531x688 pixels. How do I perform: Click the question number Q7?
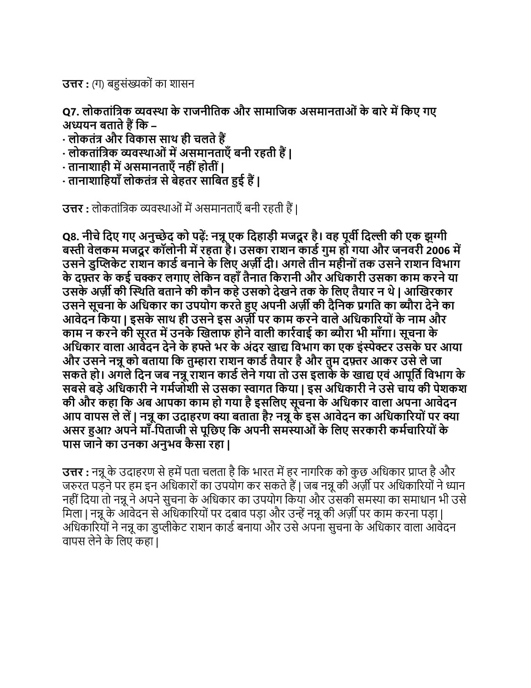click(x=71, y=112)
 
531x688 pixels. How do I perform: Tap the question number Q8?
click(x=71, y=237)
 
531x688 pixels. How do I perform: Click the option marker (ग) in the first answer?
click(x=98, y=84)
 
